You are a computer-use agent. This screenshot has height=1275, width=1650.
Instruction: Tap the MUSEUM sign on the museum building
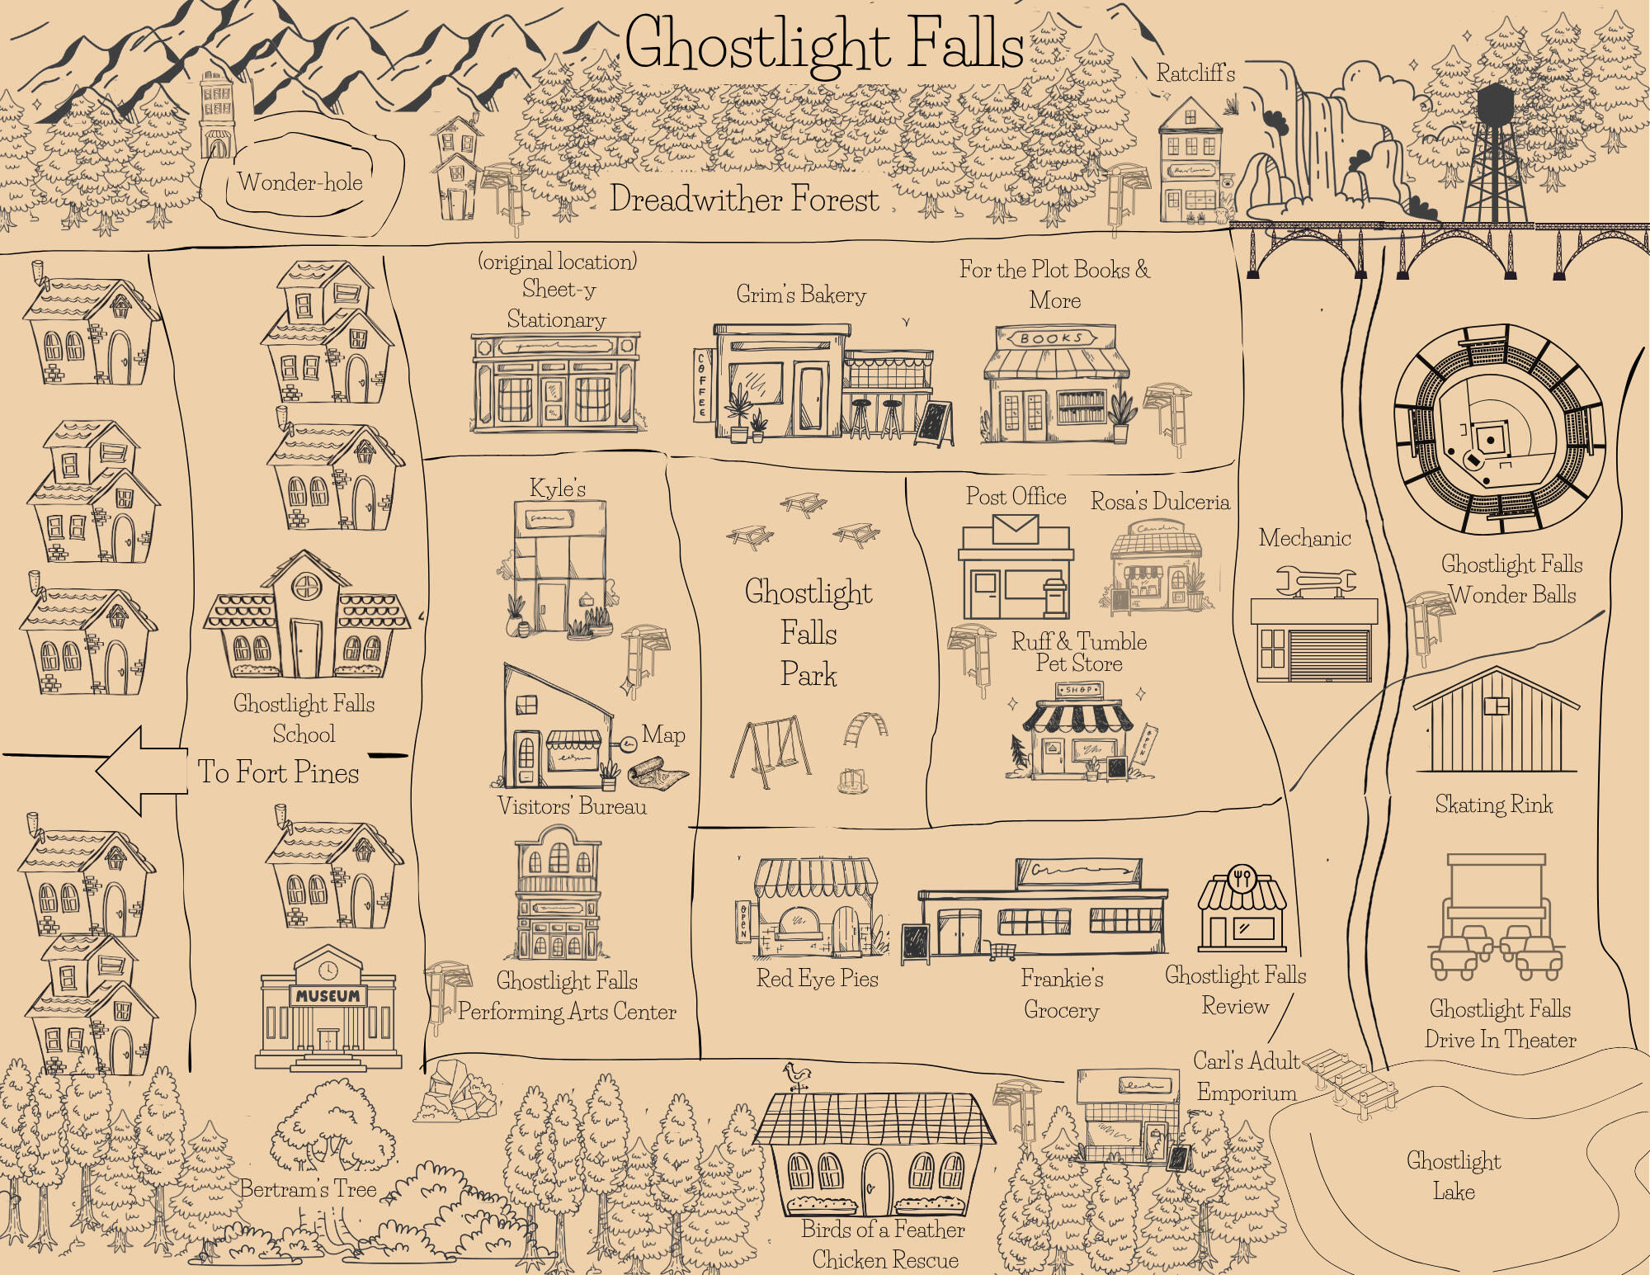coord(328,996)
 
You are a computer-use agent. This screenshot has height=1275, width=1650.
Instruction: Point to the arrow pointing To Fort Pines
coord(140,772)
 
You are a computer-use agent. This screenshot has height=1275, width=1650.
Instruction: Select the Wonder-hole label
coord(300,182)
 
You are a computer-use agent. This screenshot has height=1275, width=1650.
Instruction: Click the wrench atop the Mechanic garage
coord(1315,581)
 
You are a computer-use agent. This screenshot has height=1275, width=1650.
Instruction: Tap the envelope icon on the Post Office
coord(1015,528)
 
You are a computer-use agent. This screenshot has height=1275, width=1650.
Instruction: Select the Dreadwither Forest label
coord(744,200)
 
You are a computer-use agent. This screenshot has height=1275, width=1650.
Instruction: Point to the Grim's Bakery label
coord(801,295)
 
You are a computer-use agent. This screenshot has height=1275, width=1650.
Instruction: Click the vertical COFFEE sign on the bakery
coord(703,385)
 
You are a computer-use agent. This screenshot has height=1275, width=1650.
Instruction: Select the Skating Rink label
coord(1493,805)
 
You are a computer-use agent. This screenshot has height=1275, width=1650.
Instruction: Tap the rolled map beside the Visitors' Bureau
coord(658,774)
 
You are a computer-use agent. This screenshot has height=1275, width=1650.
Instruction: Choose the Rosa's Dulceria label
coord(1160,502)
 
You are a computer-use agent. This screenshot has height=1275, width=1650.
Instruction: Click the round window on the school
coord(306,587)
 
